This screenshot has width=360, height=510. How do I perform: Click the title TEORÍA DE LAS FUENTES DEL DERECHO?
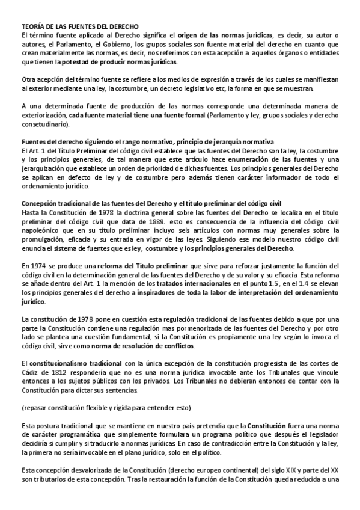[x=80, y=28]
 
